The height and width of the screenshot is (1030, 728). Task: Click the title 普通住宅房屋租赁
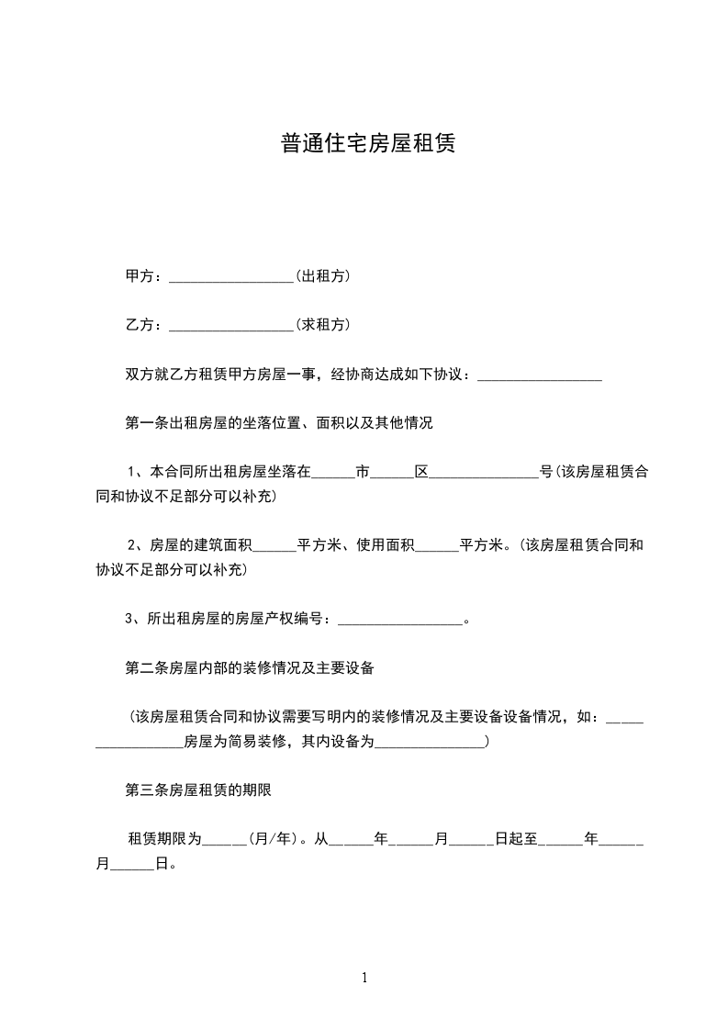click(x=368, y=144)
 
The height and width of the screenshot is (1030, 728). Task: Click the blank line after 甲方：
click(x=230, y=277)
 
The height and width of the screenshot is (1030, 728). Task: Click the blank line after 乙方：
click(x=230, y=326)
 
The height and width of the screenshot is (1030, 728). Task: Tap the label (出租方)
click(x=322, y=275)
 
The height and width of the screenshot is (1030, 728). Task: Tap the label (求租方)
click(x=322, y=324)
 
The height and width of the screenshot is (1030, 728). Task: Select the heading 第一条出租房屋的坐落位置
click(x=278, y=423)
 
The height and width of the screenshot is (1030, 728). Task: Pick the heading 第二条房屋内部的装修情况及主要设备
click(x=249, y=667)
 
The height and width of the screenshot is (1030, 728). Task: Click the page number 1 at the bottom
click(x=364, y=978)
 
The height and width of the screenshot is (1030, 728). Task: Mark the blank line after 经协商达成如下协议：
click(x=540, y=376)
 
